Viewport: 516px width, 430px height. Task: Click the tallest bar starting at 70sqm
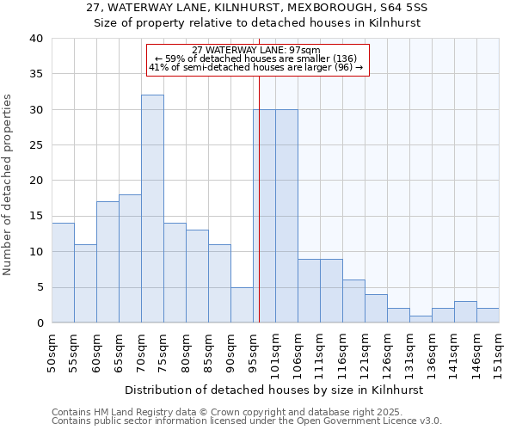pyautogui.click(x=152, y=209)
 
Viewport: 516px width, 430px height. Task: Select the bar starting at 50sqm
pyautogui.click(x=63, y=273)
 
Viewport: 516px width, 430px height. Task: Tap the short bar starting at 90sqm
pyautogui.click(x=242, y=304)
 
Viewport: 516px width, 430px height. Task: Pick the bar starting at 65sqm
pyautogui.click(x=130, y=258)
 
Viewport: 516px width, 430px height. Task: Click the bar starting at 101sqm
pyautogui.click(x=286, y=216)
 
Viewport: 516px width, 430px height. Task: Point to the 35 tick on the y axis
pyautogui.click(x=36, y=74)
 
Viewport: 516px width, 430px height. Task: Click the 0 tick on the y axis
pyautogui.click(x=40, y=322)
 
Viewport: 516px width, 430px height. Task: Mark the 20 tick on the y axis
pyautogui.click(x=36, y=181)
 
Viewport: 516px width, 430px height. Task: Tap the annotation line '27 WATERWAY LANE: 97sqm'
pyautogui.click(x=256, y=50)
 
